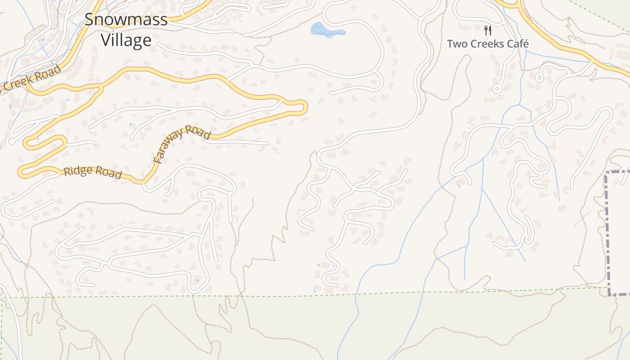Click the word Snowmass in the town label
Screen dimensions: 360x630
coord(126,19)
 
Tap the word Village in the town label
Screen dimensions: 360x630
coord(126,40)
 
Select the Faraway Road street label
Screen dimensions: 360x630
coord(181,144)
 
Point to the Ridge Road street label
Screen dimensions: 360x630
coord(93,172)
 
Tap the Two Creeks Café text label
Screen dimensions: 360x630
coord(487,44)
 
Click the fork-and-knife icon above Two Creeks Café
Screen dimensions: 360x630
coord(487,31)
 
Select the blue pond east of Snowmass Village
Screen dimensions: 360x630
coord(326,30)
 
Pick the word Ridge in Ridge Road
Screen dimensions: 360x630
coord(77,171)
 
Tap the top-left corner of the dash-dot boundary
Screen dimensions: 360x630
coord(607,173)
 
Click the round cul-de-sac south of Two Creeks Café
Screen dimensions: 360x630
coord(497,89)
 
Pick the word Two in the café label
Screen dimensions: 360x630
coord(456,44)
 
